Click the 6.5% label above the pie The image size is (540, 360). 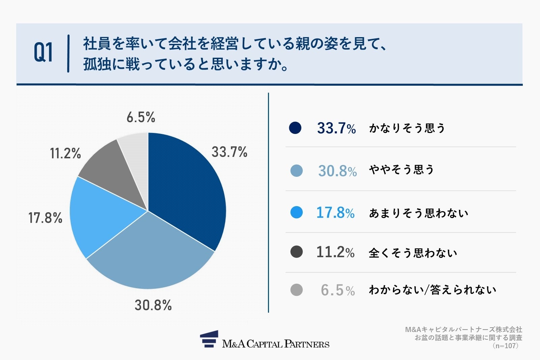click(x=141, y=117)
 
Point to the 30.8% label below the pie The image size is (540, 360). click(x=153, y=305)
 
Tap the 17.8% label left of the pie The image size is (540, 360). click(x=45, y=218)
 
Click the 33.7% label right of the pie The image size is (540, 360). click(x=229, y=152)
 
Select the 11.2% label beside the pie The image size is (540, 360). click(x=65, y=154)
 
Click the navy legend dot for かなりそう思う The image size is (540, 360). click(x=295, y=128)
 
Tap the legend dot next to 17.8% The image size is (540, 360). click(x=296, y=213)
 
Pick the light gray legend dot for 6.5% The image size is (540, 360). click(x=296, y=290)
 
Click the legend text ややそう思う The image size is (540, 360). click(x=401, y=170)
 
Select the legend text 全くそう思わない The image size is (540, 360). click(x=413, y=253)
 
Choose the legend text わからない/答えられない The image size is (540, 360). click(x=432, y=290)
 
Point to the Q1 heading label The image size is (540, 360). click(x=44, y=53)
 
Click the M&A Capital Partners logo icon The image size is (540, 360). click(x=209, y=339)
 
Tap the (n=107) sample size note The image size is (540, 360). click(x=505, y=346)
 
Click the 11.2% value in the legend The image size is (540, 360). click(x=335, y=252)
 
